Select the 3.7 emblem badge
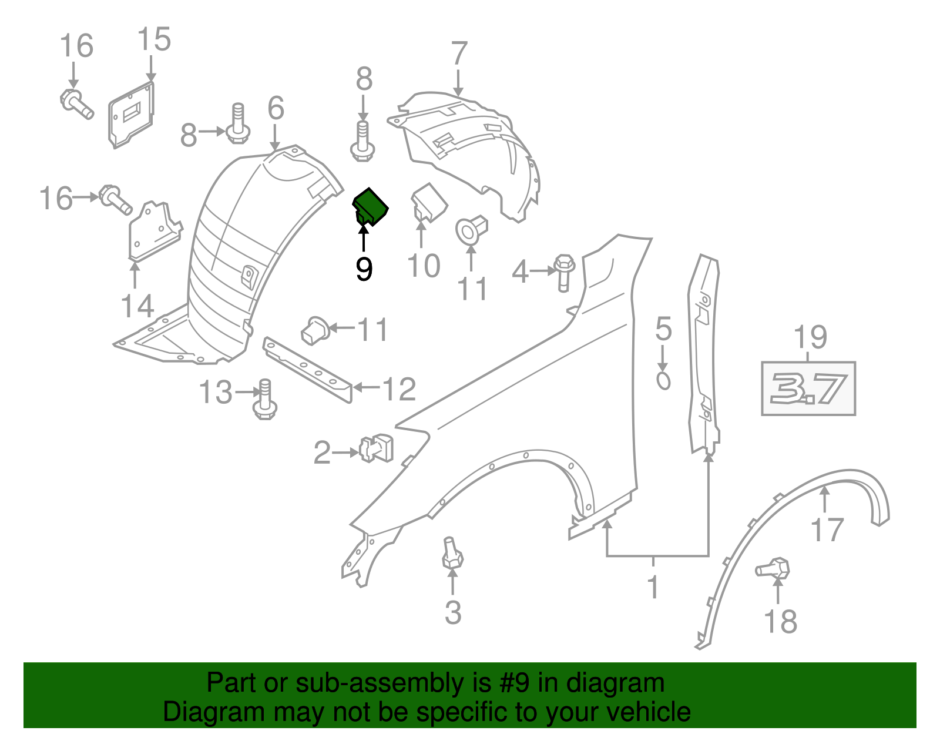[808, 388]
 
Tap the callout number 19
[810, 337]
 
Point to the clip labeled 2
[377, 448]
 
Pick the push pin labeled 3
[452, 553]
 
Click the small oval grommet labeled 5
[663, 381]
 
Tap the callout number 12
[399, 388]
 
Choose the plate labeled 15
[132, 115]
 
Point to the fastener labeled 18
[774, 568]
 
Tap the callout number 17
[827, 529]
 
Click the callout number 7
[459, 53]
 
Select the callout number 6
[276, 108]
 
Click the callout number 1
[653, 586]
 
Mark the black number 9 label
[364, 269]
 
